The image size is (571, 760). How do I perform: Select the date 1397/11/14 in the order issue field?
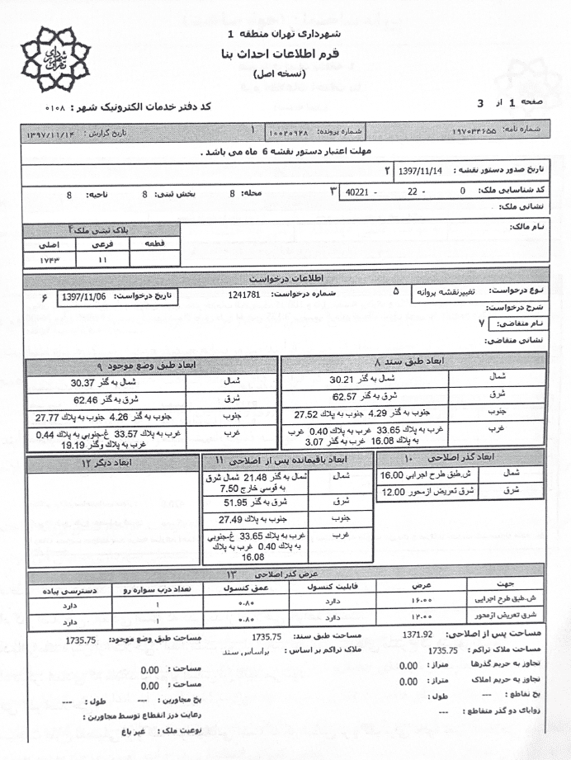421,171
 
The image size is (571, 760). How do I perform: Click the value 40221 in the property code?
357,191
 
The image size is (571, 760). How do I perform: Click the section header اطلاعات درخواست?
285,277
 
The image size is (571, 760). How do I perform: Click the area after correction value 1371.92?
418,635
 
